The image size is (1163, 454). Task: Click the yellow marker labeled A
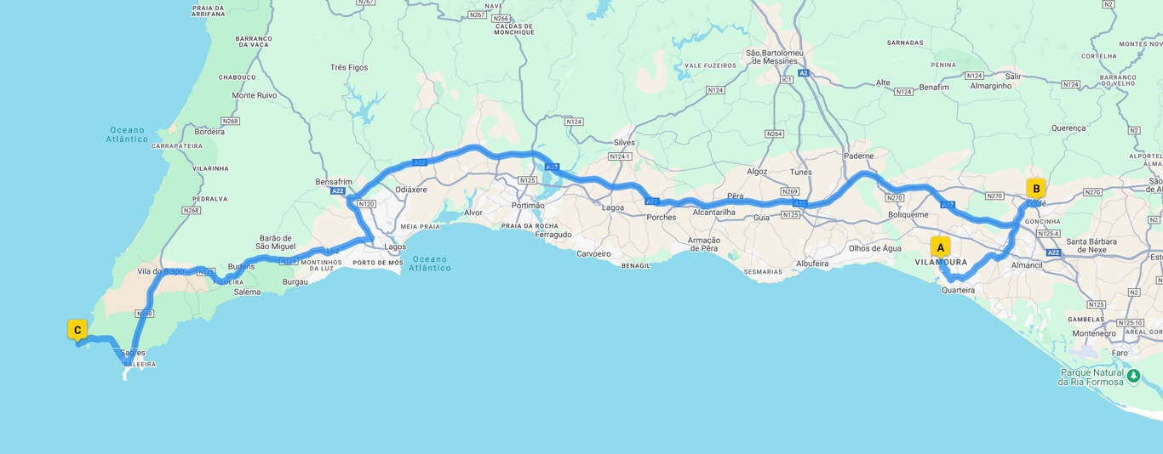(940, 247)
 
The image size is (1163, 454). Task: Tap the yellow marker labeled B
(1035, 189)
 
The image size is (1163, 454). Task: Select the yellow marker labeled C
(77, 330)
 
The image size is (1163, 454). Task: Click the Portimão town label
(528, 206)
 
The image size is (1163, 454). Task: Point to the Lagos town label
(395, 247)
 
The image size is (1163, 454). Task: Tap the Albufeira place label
(812, 264)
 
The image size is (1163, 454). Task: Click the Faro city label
(1120, 353)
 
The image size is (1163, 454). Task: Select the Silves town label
(624, 143)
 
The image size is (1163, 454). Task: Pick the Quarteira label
(958, 291)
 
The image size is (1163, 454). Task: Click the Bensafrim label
(334, 182)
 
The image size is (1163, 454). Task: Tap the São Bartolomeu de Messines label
(775, 56)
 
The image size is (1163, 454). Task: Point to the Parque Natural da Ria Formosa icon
(1132, 375)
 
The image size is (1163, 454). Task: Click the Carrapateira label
(177, 146)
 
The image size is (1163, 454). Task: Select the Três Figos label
(349, 67)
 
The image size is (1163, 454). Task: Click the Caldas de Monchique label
(514, 29)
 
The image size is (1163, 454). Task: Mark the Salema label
(247, 292)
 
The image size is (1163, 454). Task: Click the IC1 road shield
(787, 80)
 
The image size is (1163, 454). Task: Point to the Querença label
(1068, 128)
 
